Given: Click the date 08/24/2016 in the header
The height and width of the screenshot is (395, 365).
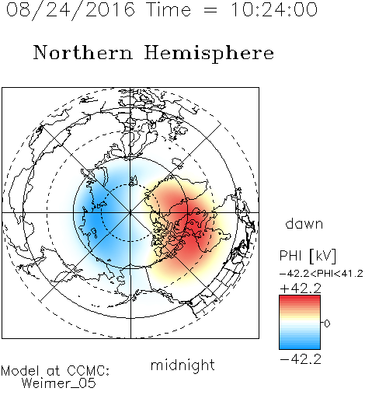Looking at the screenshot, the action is click(71, 10).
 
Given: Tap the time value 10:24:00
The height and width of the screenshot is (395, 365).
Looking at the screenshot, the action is click(273, 10).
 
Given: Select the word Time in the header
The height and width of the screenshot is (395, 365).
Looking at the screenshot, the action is click(169, 10).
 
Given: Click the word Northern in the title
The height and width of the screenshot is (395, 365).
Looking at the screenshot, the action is click(83, 53).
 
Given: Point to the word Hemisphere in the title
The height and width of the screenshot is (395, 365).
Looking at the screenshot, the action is click(209, 54).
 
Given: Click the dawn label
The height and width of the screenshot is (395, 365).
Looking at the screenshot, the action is click(304, 223).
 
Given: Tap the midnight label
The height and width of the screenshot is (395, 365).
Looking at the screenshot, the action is click(182, 365).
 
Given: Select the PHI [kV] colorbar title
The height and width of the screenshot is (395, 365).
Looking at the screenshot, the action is click(308, 256).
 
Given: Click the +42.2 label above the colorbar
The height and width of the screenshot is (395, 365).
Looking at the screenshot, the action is click(301, 288).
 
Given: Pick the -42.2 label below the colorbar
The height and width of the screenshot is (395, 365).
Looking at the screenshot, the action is click(301, 359).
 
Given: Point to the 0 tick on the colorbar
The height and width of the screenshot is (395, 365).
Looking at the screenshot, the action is click(327, 323).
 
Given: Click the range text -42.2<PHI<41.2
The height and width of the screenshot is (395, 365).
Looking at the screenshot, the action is click(322, 274).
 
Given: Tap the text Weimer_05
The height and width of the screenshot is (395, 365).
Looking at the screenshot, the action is click(59, 383).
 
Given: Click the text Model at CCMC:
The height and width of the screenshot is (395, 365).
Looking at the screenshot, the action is click(55, 371).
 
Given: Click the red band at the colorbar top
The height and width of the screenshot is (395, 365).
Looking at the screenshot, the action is click(300, 299).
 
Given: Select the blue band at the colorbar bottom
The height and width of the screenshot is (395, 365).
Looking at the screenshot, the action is click(300, 345).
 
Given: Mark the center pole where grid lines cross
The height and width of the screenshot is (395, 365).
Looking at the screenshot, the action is click(130, 213).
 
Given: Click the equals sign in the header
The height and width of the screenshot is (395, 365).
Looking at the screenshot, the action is click(210, 10).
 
